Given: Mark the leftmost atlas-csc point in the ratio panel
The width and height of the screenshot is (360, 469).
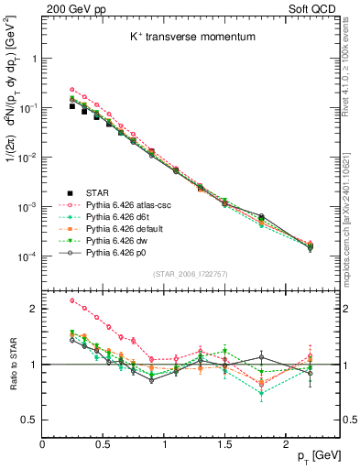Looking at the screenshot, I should [x=72, y=300].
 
